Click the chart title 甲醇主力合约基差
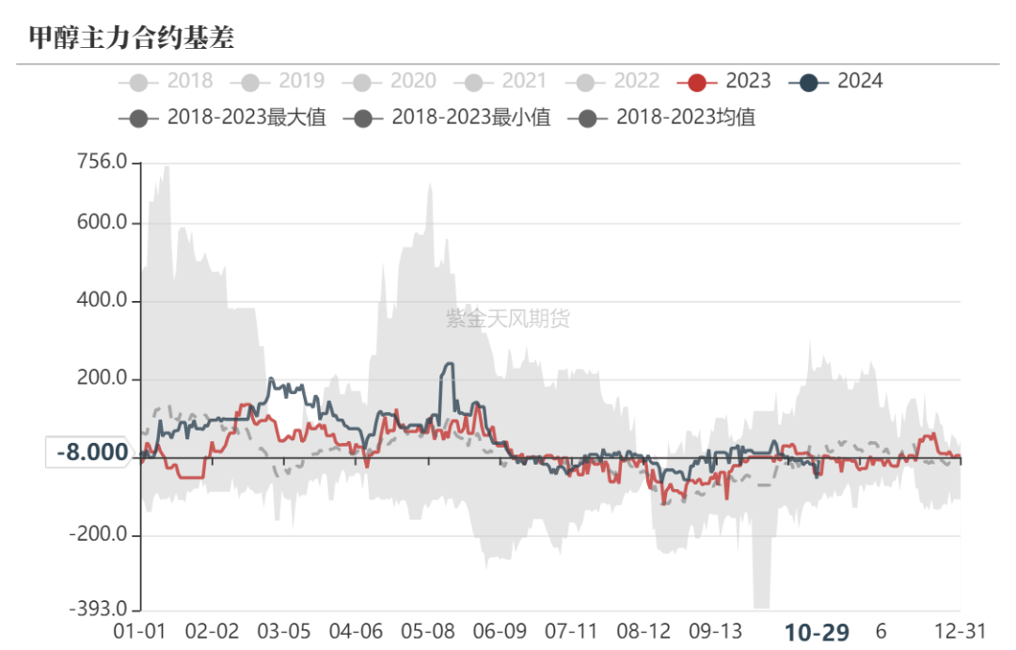coord(132,38)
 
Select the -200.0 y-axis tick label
coord(98,534)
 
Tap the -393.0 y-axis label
coord(98,610)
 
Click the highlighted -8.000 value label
coord(92,453)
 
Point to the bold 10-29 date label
coord(817,631)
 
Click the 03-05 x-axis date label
coord(284,630)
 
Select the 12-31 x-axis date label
coord(960,630)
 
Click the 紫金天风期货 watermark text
coord(508,319)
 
